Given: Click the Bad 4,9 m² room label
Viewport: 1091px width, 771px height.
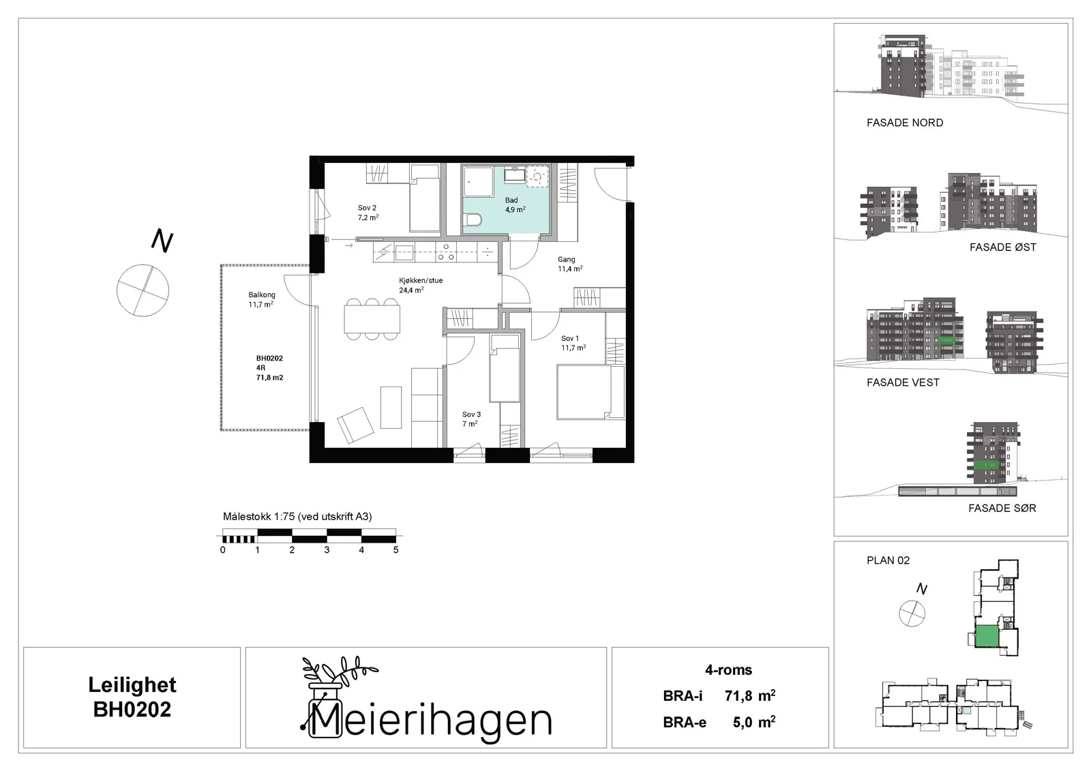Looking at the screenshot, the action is click(515, 205).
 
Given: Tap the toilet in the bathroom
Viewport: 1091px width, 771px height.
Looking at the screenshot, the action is click(471, 220).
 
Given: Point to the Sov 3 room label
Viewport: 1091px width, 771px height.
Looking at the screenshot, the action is click(471, 419).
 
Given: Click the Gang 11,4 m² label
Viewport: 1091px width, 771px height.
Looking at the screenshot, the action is click(570, 264).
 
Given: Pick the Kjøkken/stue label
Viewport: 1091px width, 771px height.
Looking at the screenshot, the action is click(420, 281).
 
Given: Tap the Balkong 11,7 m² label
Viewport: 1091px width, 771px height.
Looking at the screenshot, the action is click(262, 299).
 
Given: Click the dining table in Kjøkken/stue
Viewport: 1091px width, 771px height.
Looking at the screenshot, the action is click(372, 319).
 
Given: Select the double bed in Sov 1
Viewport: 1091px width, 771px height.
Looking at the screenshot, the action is click(591, 392).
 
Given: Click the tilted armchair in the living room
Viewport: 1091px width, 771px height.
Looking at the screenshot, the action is click(355, 425).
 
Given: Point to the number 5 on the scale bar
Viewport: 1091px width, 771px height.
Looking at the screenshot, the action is click(396, 550).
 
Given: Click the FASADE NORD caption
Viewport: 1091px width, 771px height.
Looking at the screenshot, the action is click(904, 123).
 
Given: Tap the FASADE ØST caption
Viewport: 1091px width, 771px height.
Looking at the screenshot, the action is click(1002, 247).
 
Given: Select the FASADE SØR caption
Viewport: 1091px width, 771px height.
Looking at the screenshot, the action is click(1002, 509).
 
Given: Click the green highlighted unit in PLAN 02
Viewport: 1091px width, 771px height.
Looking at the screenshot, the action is click(987, 637).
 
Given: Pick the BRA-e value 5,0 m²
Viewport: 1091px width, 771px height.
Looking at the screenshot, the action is click(754, 723).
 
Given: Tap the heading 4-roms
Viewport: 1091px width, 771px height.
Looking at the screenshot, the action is click(729, 670).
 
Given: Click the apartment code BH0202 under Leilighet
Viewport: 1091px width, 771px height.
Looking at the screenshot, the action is click(132, 710).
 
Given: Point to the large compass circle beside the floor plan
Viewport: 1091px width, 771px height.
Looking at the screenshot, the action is click(143, 290).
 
